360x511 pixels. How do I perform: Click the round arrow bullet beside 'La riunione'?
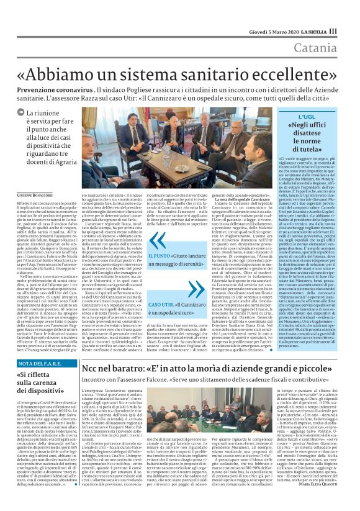(x=21, y=114)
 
